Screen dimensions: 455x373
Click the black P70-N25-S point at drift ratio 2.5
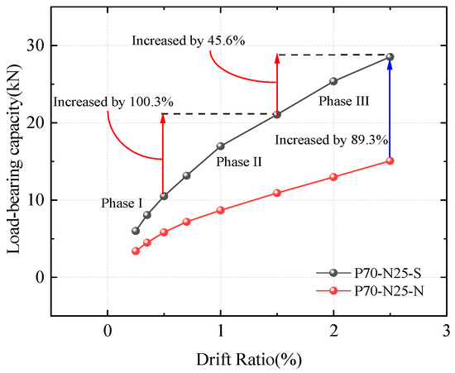pyautogui.click(x=390, y=57)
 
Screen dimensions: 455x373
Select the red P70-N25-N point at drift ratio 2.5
pyautogui.click(x=390, y=160)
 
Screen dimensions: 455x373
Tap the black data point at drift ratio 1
pyautogui.click(x=221, y=146)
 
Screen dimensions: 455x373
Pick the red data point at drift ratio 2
pyautogui.click(x=333, y=177)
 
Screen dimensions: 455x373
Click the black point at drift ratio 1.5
pyautogui.click(x=277, y=115)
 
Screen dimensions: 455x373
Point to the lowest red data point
pyautogui.click(x=136, y=251)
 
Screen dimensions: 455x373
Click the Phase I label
pyautogui.click(x=122, y=203)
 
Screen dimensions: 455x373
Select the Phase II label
pyautogui.click(x=239, y=161)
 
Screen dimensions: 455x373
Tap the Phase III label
pyautogui.click(x=344, y=101)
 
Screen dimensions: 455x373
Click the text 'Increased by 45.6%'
pyautogui.click(x=189, y=41)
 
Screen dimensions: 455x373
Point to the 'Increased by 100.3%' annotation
pyautogui.click(x=113, y=102)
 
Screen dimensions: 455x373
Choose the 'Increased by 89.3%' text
pyautogui.click(x=332, y=140)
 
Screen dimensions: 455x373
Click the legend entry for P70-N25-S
pyautogui.click(x=368, y=273)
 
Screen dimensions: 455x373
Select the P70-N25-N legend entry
pyautogui.click(x=370, y=291)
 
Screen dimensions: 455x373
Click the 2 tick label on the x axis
pyautogui.click(x=333, y=331)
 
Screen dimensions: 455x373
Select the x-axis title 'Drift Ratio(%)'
pyautogui.click(x=249, y=360)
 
